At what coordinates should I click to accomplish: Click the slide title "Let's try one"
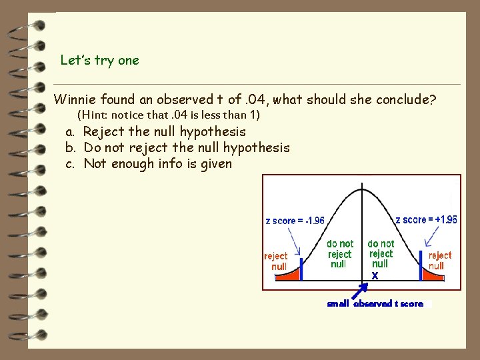point(99,61)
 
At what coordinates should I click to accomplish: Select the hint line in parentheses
point(169,115)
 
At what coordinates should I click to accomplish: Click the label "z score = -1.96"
point(295,221)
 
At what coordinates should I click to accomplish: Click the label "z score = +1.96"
point(426,220)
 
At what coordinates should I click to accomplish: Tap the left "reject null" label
point(276,261)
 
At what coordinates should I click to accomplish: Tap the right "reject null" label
point(439,261)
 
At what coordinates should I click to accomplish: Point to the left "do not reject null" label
point(339,254)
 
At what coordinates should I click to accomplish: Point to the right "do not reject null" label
point(381,254)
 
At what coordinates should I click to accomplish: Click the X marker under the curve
point(375,275)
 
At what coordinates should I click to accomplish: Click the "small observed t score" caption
point(375,304)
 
